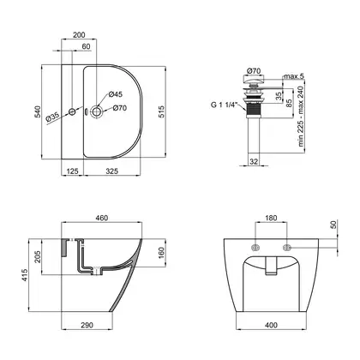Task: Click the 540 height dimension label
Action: tap(38, 111)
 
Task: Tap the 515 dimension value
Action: tap(161, 112)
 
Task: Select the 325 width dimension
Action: tap(112, 171)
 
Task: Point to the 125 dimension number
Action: tap(73, 171)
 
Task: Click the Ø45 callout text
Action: tap(116, 94)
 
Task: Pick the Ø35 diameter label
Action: tap(52, 117)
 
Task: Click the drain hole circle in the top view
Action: tap(96, 111)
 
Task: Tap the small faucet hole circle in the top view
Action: tap(72, 111)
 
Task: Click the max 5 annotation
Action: tap(294, 76)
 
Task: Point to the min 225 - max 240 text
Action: tap(301, 117)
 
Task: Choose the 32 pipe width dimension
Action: tap(254, 161)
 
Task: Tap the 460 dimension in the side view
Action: tap(102, 218)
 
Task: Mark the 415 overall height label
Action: tap(25, 275)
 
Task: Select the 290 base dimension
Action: tap(87, 325)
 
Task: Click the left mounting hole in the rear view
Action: tap(255, 248)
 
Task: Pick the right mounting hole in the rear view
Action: tap(286, 248)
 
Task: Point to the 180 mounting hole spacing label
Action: tap(271, 218)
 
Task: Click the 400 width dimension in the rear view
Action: tap(271, 325)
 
